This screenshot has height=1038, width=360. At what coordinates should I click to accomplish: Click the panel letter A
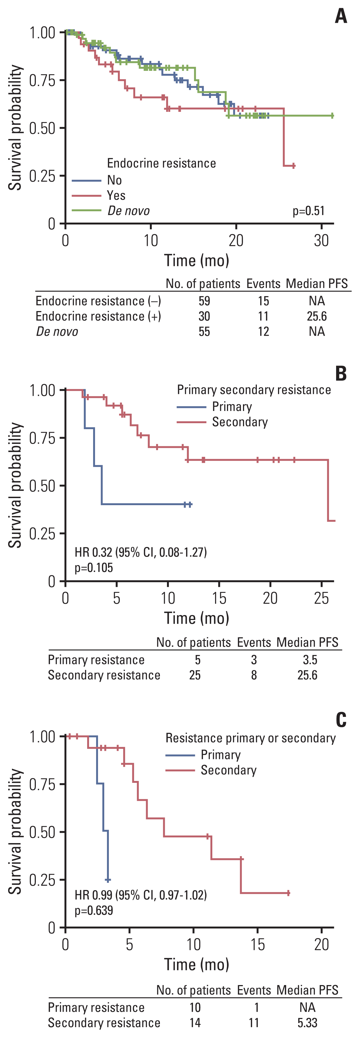click(x=341, y=17)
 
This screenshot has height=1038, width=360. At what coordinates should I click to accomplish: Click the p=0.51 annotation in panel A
click(x=308, y=211)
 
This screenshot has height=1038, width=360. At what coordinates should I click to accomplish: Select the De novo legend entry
click(x=128, y=211)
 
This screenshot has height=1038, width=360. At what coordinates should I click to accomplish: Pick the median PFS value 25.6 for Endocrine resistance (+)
click(x=317, y=316)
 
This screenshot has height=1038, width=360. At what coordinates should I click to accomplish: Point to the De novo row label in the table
click(x=57, y=332)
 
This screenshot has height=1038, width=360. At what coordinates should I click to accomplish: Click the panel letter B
click(x=341, y=374)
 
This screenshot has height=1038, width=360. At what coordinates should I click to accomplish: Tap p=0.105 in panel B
click(x=93, y=568)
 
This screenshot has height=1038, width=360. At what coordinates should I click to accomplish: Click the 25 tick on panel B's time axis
click(x=321, y=598)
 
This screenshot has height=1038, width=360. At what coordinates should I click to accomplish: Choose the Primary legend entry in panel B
click(x=232, y=407)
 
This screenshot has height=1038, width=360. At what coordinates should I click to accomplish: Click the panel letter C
click(x=341, y=720)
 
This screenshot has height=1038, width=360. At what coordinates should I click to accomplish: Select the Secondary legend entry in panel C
click(x=229, y=770)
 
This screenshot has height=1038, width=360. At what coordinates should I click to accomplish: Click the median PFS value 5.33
click(x=307, y=1023)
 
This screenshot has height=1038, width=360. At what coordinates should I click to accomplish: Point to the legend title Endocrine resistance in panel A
click(x=161, y=163)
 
